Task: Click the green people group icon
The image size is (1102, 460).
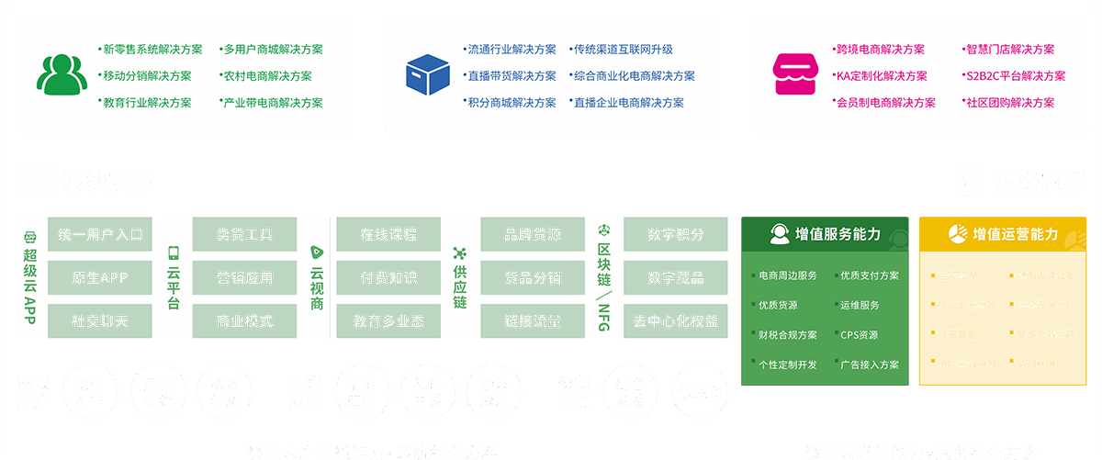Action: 62,75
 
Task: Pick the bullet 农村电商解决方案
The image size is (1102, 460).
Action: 266,76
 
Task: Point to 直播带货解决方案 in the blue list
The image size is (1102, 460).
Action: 512,76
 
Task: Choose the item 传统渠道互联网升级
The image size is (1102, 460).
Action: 623,50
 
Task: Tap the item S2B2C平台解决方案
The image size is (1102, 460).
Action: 1014,76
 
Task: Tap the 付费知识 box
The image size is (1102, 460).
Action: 388,278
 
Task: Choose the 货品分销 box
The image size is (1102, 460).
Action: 533,278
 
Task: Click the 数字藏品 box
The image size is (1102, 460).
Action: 676,278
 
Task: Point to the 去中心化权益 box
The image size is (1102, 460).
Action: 676,322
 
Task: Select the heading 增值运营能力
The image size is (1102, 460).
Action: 1016,234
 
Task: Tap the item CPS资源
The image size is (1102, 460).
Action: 859,335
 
